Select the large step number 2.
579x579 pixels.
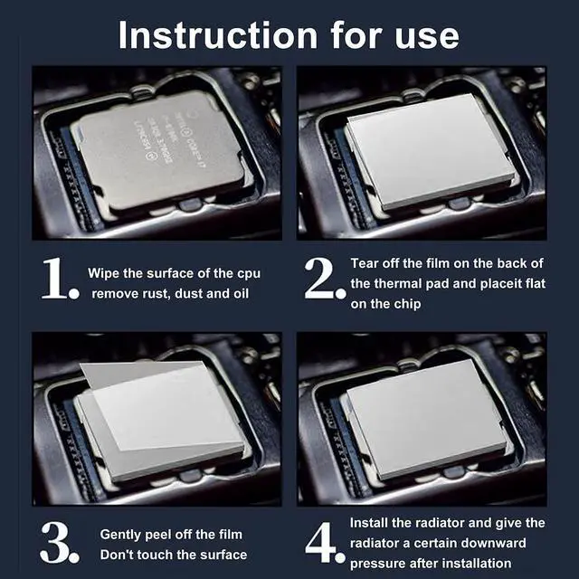324,280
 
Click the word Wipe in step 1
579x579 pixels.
102,272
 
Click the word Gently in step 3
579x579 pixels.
120,534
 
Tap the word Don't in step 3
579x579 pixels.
116,554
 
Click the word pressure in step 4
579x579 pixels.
377,563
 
